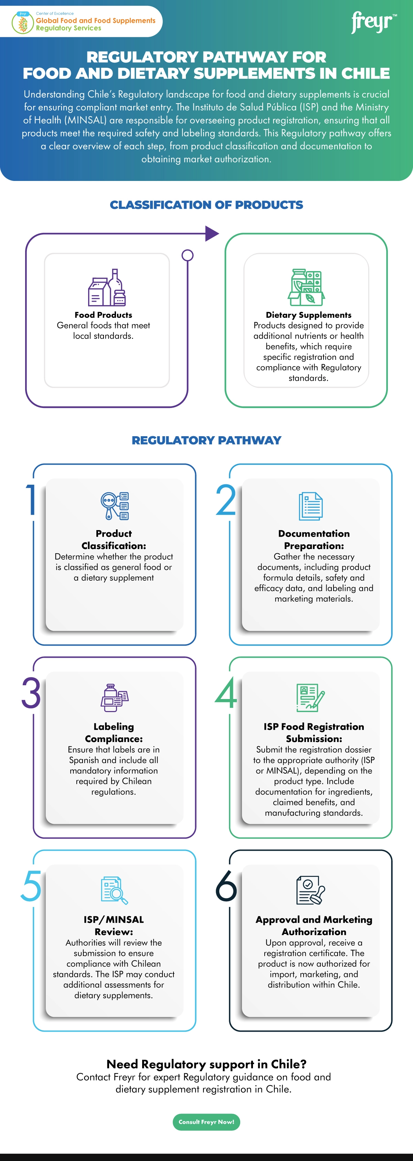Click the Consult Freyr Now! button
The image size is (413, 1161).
tap(206, 1122)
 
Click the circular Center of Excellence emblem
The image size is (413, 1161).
tap(23, 23)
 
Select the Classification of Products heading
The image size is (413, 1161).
tap(206, 205)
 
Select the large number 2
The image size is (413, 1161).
tap(226, 500)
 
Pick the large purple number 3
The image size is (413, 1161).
tap(31, 693)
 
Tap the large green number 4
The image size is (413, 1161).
tap(226, 693)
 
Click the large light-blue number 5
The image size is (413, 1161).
tap(31, 885)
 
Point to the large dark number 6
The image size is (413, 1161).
tap(226, 885)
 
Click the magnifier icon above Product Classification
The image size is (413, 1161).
tap(115, 506)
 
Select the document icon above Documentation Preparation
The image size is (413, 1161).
tap(311, 506)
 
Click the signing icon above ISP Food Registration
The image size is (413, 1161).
tap(311, 698)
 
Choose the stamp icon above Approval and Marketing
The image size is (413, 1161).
tap(311, 891)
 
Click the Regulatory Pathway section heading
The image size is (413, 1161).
tap(206, 440)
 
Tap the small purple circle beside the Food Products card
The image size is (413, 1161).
tap(187, 256)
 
